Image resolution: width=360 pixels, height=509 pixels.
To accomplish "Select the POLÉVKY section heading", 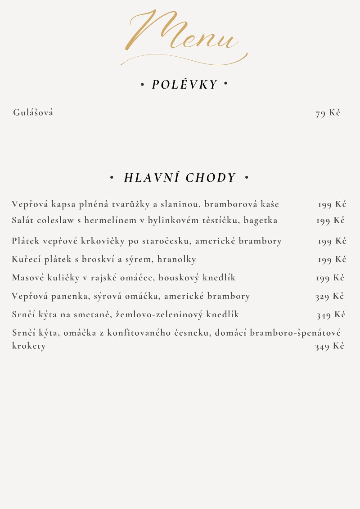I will tap(184, 85).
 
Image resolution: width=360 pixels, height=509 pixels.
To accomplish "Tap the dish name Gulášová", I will tap(33, 113).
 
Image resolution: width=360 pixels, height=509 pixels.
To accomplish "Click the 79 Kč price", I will tap(328, 113).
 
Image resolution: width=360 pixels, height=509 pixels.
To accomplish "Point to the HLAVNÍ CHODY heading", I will tap(180, 178).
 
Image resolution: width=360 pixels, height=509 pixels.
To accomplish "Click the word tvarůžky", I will tap(134, 204).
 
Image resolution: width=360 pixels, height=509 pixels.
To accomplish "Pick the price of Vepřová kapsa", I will tap(332, 204).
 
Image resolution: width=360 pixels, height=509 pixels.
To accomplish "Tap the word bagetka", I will tap(261, 221).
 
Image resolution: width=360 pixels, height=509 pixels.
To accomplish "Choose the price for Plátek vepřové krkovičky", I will tap(332, 241).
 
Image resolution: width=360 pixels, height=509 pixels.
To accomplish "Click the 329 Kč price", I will tap(329, 296).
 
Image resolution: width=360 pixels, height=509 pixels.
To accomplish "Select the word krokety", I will tap(29, 346).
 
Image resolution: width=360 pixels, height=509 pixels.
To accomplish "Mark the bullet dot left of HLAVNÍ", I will tap(112, 178).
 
